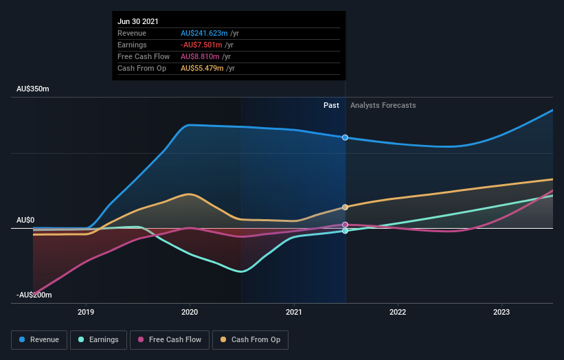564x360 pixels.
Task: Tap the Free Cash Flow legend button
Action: point(168,339)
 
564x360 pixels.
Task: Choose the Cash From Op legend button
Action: point(250,339)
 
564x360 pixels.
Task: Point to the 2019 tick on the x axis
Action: point(86,312)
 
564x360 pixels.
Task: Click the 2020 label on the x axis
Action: point(190,312)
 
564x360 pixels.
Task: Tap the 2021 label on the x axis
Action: point(294,312)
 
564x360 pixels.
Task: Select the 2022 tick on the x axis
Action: point(398,312)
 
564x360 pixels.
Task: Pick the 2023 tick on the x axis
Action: point(502,312)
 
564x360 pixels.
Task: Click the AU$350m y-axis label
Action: point(34,89)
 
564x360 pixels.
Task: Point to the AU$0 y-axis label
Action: point(25,220)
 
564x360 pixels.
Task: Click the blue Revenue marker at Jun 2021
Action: point(345,137)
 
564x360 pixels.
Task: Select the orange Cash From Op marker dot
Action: point(345,207)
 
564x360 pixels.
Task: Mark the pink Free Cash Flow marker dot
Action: point(345,225)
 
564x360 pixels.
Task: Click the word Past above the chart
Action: point(331,105)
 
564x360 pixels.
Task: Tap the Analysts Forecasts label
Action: point(383,105)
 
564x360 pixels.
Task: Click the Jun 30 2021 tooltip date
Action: point(137,21)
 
